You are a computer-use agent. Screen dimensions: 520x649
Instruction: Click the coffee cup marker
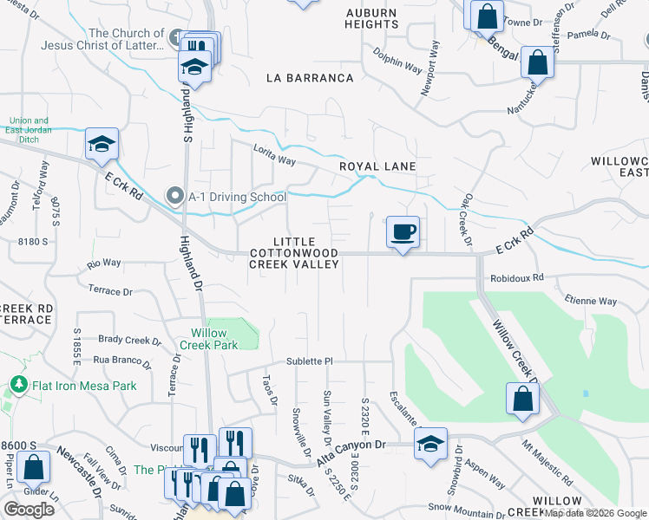click(x=403, y=232)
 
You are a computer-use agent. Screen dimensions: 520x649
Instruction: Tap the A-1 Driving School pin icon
click(x=177, y=197)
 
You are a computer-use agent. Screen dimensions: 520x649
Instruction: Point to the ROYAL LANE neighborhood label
click(x=377, y=166)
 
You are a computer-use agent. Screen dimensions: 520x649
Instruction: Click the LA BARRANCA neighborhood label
click(x=310, y=78)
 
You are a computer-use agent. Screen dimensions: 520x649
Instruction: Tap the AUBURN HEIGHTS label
click(x=371, y=19)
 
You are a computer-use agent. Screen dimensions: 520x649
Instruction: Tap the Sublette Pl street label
click(x=310, y=361)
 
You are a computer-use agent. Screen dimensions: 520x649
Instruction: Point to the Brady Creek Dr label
click(x=125, y=340)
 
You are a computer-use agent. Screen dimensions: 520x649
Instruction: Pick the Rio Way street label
click(x=104, y=263)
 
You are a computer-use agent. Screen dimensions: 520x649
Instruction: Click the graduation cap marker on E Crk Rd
click(x=102, y=144)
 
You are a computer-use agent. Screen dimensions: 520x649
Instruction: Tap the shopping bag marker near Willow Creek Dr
click(x=522, y=399)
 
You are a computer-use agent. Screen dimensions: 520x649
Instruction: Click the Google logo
click(x=29, y=510)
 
